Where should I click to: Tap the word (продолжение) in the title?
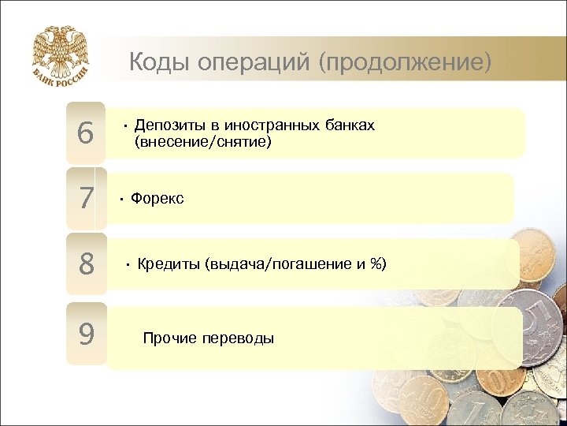404,62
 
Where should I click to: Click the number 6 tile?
86,133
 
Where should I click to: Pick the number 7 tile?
86,198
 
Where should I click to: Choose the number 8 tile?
86,263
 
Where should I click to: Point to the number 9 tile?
86,334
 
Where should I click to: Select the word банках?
349,125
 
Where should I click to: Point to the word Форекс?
157,198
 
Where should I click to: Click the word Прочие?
169,338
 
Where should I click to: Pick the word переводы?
238,338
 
